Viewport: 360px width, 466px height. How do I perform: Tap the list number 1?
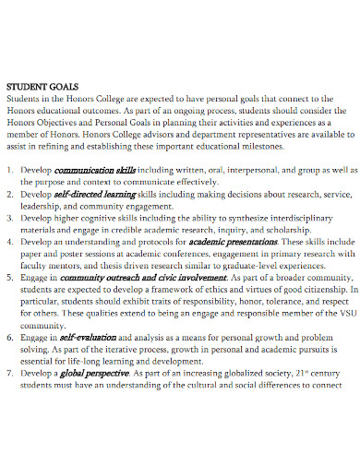click(11, 171)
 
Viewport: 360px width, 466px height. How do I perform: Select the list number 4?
click(11, 240)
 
